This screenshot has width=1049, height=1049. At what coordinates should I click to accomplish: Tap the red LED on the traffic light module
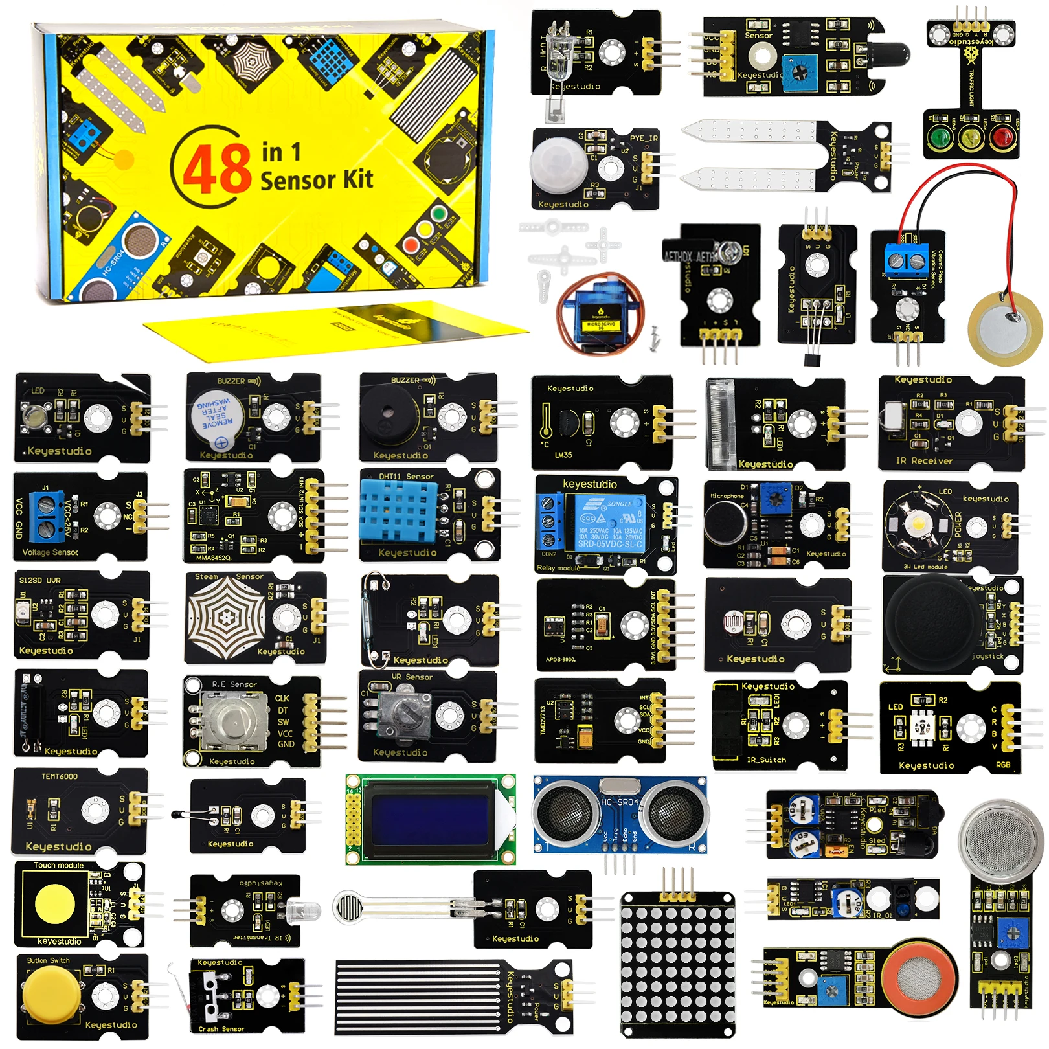point(1002,137)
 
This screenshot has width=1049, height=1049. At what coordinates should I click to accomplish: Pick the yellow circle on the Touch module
point(54,903)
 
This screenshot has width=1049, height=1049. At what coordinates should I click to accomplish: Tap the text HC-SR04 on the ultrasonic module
point(620,802)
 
